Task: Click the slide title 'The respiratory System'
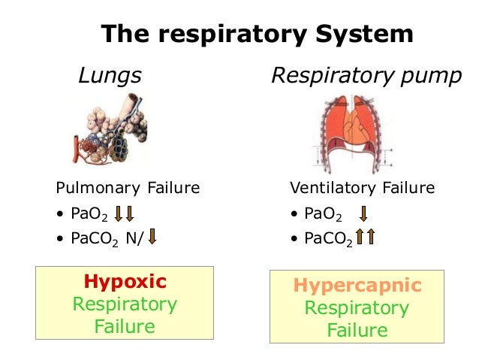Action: coord(258,34)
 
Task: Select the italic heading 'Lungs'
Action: coord(110,76)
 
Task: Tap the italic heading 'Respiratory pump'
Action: coord(366,76)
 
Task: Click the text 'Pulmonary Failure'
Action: coord(128,187)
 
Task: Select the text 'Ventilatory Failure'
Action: coord(362,187)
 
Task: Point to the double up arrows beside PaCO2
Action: coord(365,238)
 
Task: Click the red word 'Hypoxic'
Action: coord(125,282)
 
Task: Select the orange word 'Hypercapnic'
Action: coord(357,286)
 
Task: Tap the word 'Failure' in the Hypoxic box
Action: coord(125,327)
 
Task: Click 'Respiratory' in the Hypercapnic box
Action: coord(357,308)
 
